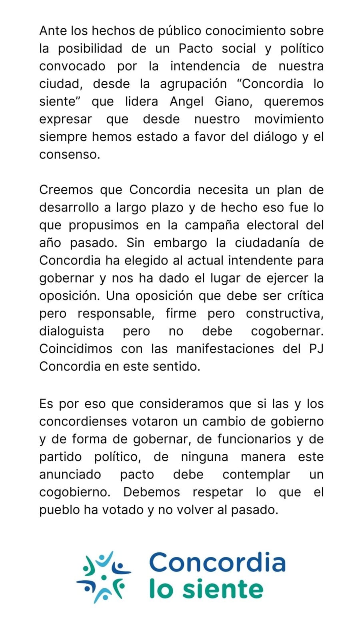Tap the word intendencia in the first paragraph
tap(205, 66)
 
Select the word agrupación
tap(193, 84)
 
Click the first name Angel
tap(187, 102)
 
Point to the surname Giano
tap(234, 102)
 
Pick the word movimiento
tap(289, 119)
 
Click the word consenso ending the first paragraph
tap(69, 154)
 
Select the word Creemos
tap(66, 190)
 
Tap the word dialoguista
tap(72, 331)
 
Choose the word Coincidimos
tap(76, 349)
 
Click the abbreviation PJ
tap(316, 349)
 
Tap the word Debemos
tap(152, 492)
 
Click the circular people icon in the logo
tap(104, 577)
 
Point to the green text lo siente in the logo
tap(206, 589)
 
